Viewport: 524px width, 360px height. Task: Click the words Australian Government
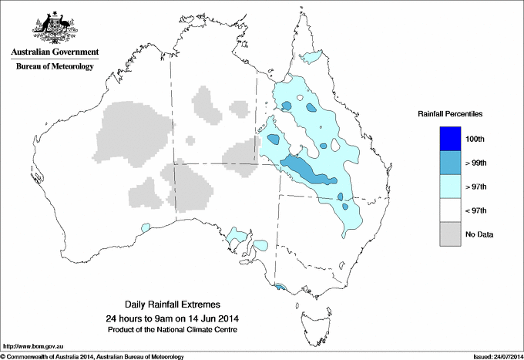[54, 52]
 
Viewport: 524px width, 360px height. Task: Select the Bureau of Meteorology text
[54, 66]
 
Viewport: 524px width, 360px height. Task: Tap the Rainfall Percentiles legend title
[450, 114]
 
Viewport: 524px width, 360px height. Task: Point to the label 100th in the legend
[477, 139]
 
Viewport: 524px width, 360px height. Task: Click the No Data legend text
[479, 234]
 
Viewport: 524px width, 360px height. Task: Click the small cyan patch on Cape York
[312, 56]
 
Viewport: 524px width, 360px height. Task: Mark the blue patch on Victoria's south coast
[280, 288]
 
